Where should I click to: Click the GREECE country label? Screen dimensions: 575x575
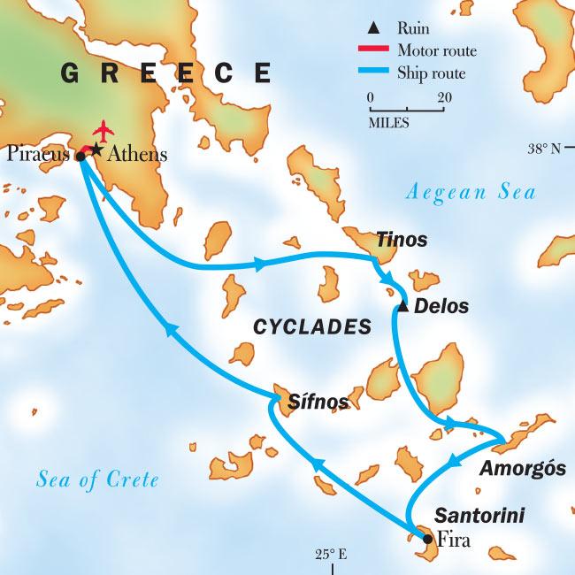point(166,73)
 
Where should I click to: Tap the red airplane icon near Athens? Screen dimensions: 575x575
point(104,131)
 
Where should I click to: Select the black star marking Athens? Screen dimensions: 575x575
point(96,148)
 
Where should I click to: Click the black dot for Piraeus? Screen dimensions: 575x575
point(80,157)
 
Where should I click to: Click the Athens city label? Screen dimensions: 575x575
point(136,155)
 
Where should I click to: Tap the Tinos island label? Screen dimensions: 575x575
point(402,240)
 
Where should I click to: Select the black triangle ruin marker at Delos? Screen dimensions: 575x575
point(402,307)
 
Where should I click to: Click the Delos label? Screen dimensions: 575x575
point(441,307)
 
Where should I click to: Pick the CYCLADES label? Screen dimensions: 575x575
point(311,327)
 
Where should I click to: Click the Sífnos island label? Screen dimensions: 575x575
point(318,402)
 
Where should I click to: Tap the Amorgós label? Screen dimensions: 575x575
point(522,469)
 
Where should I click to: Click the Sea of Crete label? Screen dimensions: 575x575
point(97,479)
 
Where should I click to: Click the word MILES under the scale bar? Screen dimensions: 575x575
point(388,123)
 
